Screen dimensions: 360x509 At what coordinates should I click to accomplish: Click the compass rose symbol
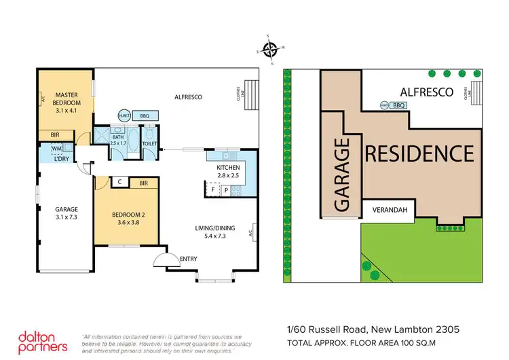pyautogui.click(x=270, y=49)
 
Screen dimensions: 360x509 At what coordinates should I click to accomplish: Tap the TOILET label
pyautogui.click(x=150, y=144)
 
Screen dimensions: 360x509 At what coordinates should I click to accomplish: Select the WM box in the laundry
pyautogui.click(x=56, y=147)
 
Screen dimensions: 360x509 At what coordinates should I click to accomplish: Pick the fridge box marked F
pyautogui.click(x=213, y=190)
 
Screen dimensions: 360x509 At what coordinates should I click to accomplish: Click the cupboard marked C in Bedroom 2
pyautogui.click(x=119, y=182)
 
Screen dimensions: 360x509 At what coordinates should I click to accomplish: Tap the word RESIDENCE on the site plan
pyautogui.click(x=419, y=153)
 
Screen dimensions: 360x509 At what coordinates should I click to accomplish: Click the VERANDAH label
pyautogui.click(x=390, y=211)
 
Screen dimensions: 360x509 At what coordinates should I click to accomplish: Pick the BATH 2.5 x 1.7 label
pyautogui.click(x=118, y=140)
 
